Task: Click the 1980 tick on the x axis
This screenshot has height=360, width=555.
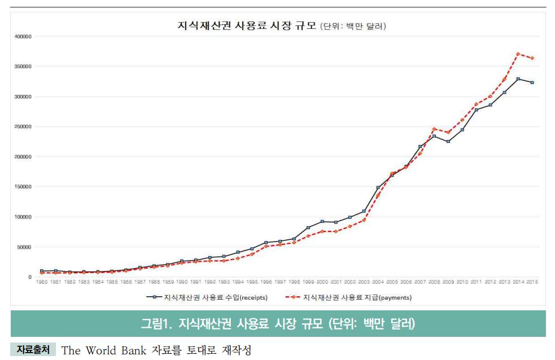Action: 42,282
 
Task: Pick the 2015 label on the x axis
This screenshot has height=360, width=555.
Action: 532,282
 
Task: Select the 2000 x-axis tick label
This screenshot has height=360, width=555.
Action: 322,282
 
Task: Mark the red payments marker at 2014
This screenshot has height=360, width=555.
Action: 518,54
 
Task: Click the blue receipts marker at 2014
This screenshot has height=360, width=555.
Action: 518,79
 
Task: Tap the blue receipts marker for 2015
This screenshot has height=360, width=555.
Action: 532,82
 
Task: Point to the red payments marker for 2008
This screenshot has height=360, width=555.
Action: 434,129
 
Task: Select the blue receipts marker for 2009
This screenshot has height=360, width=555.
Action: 448,142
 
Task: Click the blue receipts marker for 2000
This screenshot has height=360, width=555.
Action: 322,222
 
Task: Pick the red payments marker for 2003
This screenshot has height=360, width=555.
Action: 364,220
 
